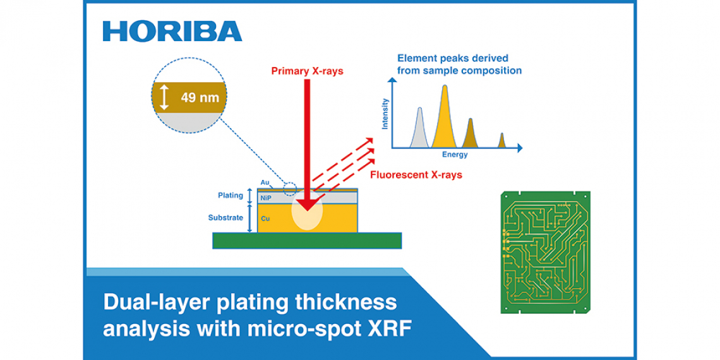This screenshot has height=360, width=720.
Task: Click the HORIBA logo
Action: pyautogui.click(x=172, y=31)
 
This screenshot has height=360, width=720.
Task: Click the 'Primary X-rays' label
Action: pyautogui.click(x=307, y=71)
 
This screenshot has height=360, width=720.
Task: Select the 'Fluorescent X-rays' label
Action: pyautogui.click(x=416, y=174)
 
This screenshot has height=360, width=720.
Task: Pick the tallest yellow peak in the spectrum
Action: pyautogui.click(x=445, y=116)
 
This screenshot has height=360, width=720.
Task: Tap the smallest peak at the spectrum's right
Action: pyautogui.click(x=502, y=140)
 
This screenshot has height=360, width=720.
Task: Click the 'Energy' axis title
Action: pyautogui.click(x=455, y=155)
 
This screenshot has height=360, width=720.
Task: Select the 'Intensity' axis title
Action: pyautogui.click(x=385, y=114)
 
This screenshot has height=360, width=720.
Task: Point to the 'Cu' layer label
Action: pyautogui.click(x=265, y=219)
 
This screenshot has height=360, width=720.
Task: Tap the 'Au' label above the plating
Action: pyautogui.click(x=265, y=183)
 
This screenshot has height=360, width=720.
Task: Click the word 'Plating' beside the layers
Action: pyautogui.click(x=231, y=196)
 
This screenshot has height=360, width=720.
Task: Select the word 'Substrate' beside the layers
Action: pyautogui.click(x=225, y=218)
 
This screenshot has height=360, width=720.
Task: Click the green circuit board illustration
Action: pyautogui.click(x=544, y=252)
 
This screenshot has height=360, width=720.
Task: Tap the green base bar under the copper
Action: pyautogui.click(x=307, y=241)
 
